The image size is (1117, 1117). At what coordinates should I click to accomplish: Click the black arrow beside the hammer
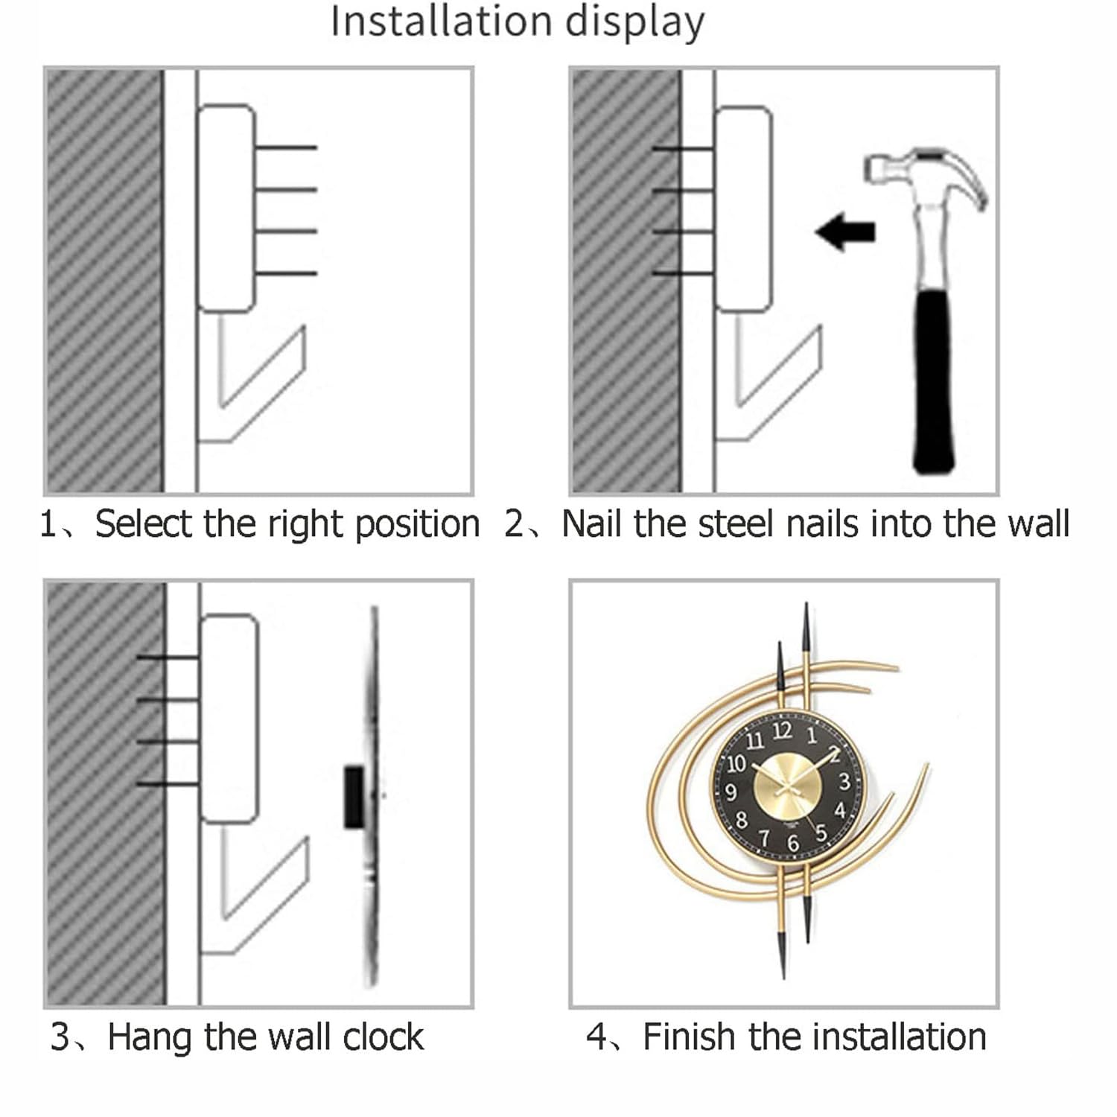click(846, 231)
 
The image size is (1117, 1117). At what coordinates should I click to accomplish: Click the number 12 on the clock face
click(782, 731)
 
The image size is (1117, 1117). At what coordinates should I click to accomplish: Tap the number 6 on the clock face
click(793, 844)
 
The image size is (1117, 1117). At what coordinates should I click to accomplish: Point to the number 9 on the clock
click(731, 792)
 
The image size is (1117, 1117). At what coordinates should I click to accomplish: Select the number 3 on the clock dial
click(844, 782)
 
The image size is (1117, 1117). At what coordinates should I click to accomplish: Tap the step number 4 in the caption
click(596, 1037)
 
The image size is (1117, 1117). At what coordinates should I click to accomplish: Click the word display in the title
click(634, 22)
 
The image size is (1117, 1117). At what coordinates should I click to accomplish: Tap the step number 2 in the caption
click(515, 524)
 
